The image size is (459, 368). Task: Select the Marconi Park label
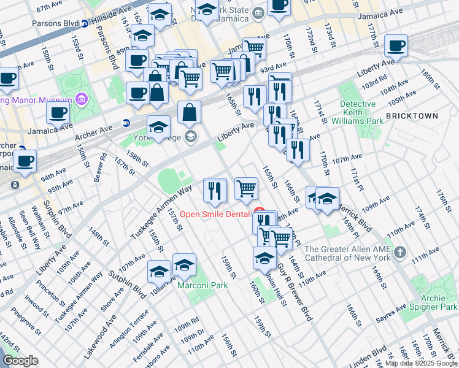(202, 285)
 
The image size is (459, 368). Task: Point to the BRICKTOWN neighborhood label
(412, 116)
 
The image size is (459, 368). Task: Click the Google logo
(20, 361)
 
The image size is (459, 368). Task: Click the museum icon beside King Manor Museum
(82, 99)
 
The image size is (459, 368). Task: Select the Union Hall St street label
(274, 288)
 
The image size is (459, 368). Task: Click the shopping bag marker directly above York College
(190, 113)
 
